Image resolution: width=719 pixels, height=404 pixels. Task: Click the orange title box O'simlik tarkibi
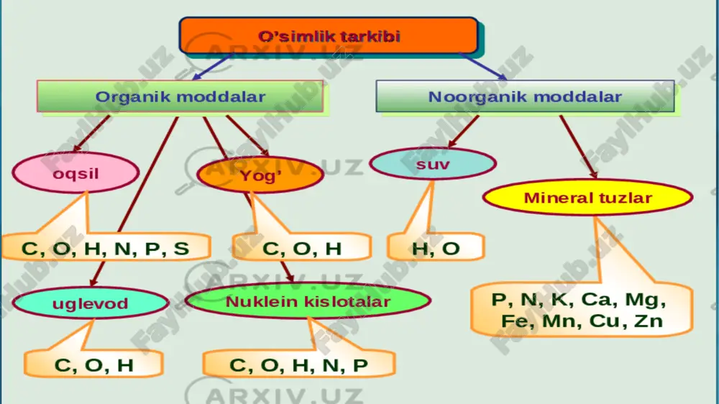point(329,36)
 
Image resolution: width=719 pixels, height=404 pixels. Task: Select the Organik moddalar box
point(180,96)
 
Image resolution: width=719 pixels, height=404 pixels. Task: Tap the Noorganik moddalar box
point(525,96)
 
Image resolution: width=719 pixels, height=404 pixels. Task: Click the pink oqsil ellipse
point(75,173)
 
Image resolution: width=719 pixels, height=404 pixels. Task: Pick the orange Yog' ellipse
point(260,175)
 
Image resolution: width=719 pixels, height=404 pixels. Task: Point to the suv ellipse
point(433,164)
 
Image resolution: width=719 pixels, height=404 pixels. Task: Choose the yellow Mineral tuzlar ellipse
point(587,197)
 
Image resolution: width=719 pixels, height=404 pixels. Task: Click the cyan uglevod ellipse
point(91,303)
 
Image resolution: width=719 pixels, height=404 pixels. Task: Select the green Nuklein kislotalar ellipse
point(308,300)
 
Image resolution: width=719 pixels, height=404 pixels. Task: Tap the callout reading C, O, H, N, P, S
point(106,247)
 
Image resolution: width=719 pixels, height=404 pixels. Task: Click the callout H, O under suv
point(436,247)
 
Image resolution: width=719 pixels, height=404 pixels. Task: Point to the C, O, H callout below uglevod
point(93,364)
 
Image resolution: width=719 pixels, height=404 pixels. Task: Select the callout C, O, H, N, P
point(298,364)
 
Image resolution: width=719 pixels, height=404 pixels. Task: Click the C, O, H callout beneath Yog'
point(302,247)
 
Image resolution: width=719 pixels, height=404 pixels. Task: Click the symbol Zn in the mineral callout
point(649,321)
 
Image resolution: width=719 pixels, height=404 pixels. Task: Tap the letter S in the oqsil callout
point(181,248)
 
